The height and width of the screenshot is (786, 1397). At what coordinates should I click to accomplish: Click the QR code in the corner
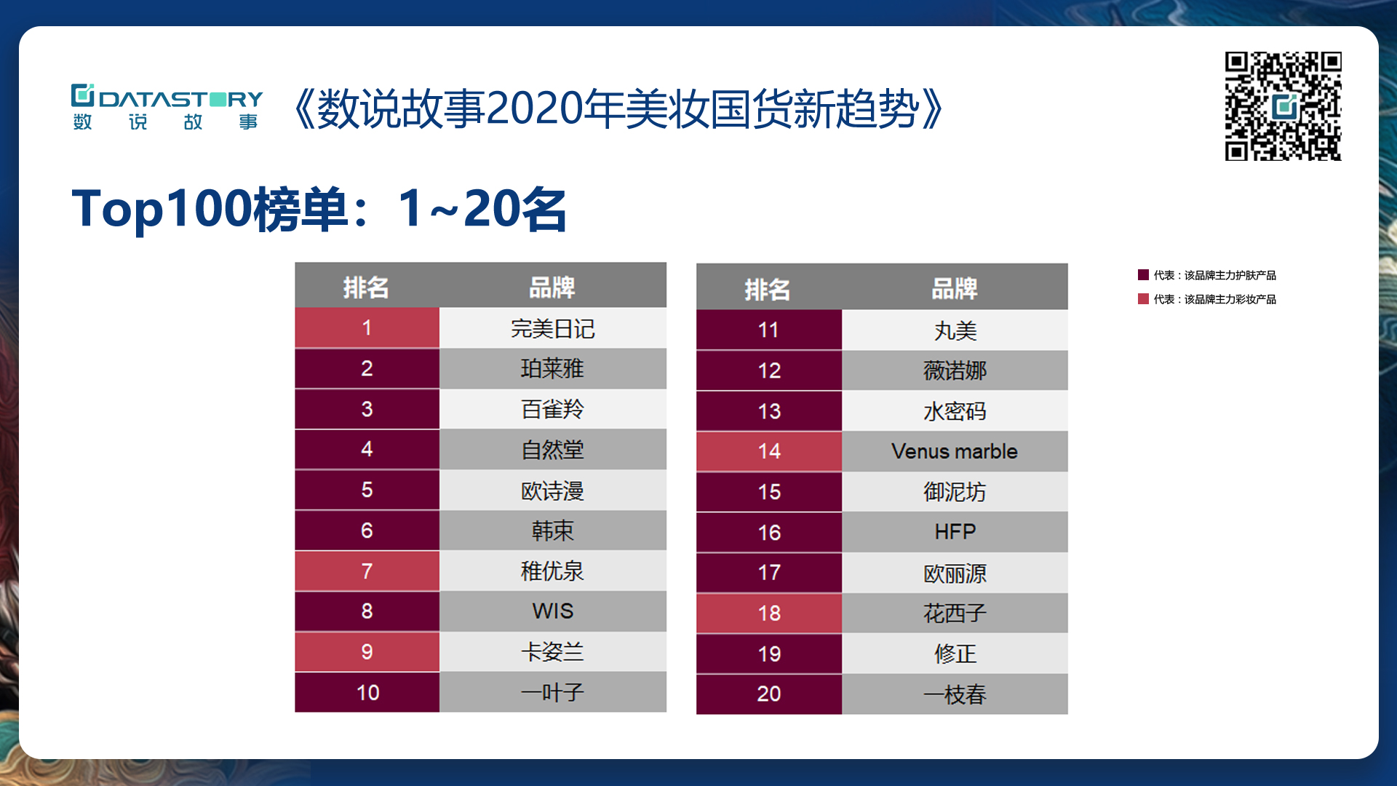click(1283, 106)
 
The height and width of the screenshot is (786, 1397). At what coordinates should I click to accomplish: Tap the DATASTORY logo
click(167, 107)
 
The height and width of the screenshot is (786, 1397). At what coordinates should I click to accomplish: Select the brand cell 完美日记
click(553, 328)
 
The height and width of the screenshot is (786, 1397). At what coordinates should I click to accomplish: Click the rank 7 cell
click(367, 571)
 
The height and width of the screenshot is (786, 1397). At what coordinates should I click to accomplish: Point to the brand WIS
click(553, 611)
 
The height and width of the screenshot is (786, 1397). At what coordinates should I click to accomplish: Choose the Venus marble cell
click(955, 451)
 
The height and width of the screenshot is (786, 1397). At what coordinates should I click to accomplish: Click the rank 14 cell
click(769, 451)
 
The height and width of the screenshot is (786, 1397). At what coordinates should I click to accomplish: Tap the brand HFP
click(955, 532)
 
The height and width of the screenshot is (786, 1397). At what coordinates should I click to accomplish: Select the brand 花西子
click(955, 614)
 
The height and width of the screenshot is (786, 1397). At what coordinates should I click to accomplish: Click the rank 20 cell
click(769, 694)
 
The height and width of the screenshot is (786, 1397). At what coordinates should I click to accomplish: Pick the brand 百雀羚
click(553, 409)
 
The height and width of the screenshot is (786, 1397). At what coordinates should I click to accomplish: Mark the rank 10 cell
click(367, 692)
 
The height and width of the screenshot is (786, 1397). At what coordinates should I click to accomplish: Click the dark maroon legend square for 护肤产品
click(1143, 275)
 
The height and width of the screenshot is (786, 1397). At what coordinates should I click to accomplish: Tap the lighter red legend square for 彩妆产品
click(1143, 299)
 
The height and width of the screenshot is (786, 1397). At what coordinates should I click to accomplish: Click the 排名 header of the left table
click(366, 287)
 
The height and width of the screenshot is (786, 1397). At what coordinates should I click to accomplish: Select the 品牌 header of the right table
click(955, 289)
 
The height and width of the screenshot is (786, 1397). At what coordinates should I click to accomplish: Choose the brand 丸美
click(955, 330)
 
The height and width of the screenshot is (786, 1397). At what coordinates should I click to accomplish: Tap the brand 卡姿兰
click(553, 652)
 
